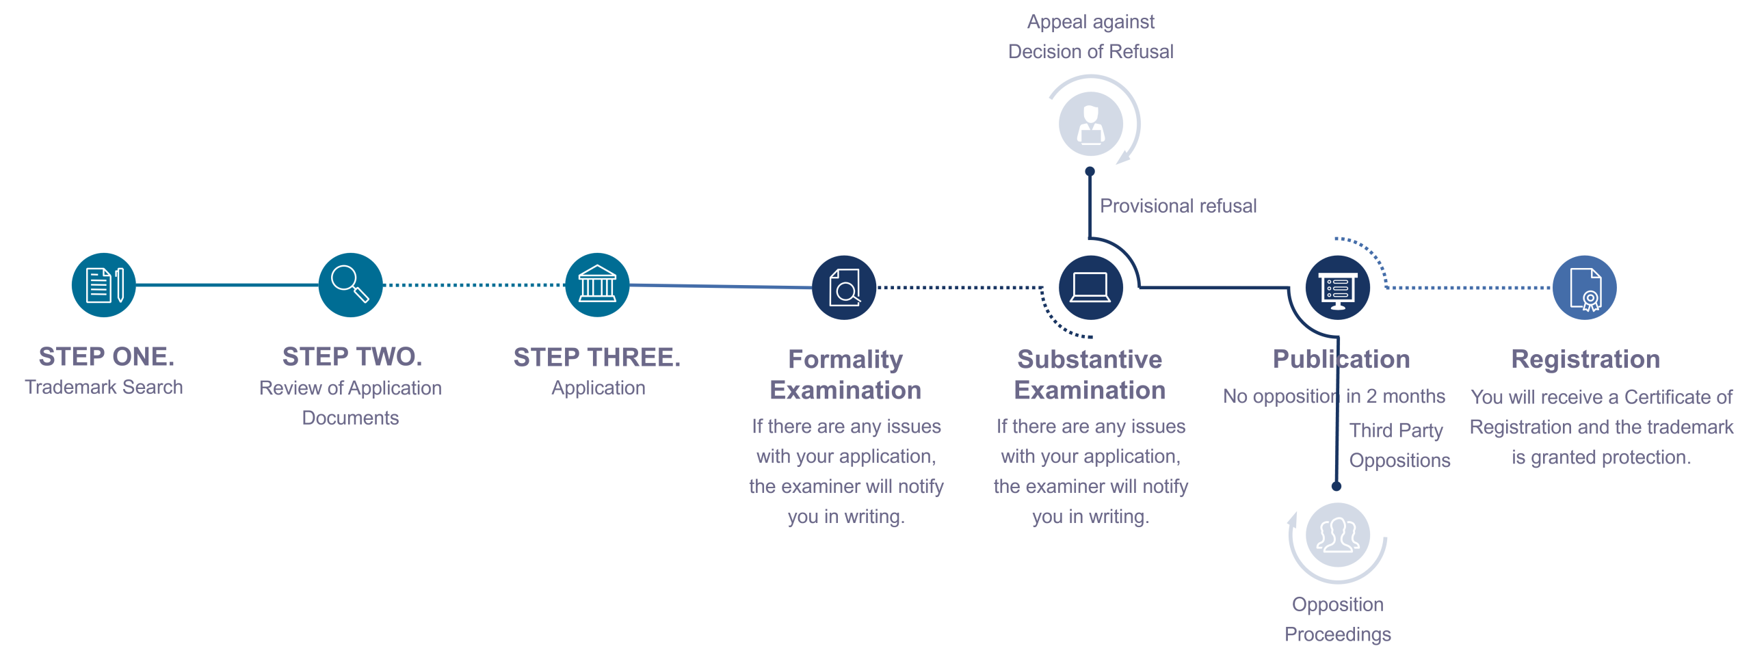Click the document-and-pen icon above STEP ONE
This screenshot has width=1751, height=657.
[x=104, y=285]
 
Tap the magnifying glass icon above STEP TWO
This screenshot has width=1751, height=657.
[x=351, y=285]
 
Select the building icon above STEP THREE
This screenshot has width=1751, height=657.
[x=598, y=285]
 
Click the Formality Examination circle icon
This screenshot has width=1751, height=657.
[x=845, y=288]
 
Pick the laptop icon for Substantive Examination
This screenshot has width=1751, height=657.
[x=1091, y=288]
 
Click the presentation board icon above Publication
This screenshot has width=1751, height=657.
[x=1338, y=288]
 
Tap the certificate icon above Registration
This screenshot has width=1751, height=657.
[x=1585, y=288]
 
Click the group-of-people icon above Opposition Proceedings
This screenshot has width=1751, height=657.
[x=1338, y=535]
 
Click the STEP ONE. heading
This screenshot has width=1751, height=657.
[x=107, y=357]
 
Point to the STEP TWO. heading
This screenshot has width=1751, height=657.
[x=352, y=357]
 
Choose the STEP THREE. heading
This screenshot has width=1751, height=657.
[x=597, y=358]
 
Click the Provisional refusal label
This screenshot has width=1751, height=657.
[x=1178, y=206]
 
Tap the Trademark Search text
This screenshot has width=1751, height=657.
[x=104, y=387]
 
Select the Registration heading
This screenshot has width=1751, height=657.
[x=1585, y=360]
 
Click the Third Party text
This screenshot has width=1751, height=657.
[x=1396, y=431]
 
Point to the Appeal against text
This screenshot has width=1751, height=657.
[x=1091, y=22]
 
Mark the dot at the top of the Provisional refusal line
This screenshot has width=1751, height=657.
[x=1090, y=172]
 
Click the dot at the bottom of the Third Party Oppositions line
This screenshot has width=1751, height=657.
[x=1337, y=486]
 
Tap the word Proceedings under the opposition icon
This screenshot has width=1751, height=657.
[x=1338, y=634]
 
